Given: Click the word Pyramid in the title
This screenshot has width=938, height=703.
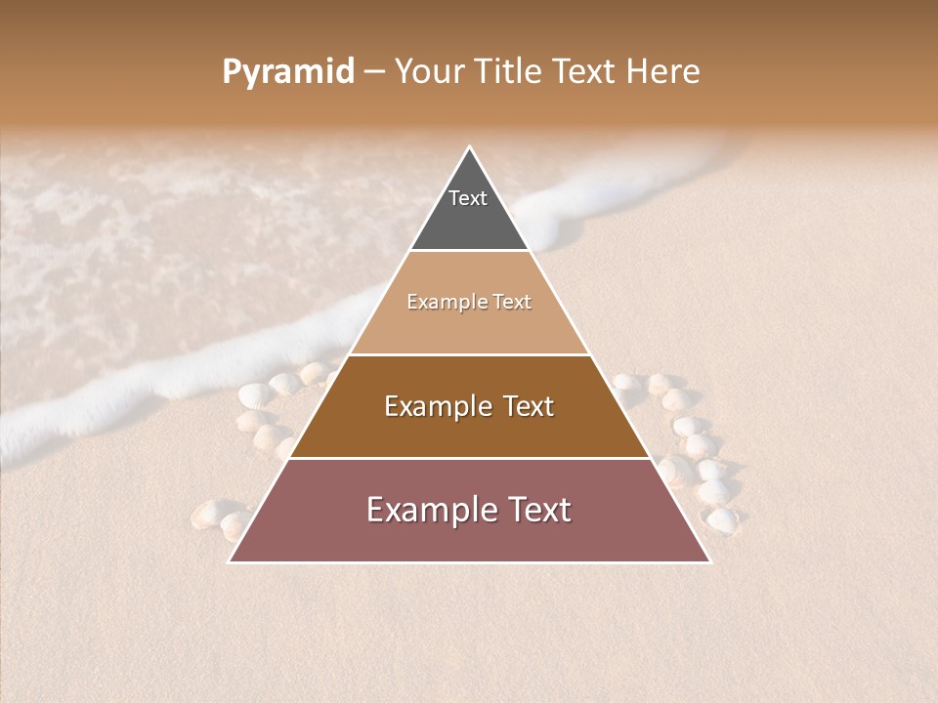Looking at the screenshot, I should coord(287,72).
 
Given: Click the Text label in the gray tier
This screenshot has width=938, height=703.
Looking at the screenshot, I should coord(468,198).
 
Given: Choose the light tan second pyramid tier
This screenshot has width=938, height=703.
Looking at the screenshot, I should coord(469,322).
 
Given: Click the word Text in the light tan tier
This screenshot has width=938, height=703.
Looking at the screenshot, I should coord(513,303).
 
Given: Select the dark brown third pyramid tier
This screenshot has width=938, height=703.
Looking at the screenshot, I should coord(469,430).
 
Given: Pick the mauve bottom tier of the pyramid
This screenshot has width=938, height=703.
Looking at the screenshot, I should coord(469,537).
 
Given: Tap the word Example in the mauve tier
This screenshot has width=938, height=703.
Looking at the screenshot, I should coord(430,510).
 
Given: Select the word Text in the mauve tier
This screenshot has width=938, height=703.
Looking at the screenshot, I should coord(536,510).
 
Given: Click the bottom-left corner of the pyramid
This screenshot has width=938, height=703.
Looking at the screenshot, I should coord(230,561).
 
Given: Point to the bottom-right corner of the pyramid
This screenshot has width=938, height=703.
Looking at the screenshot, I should coord(710,561).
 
